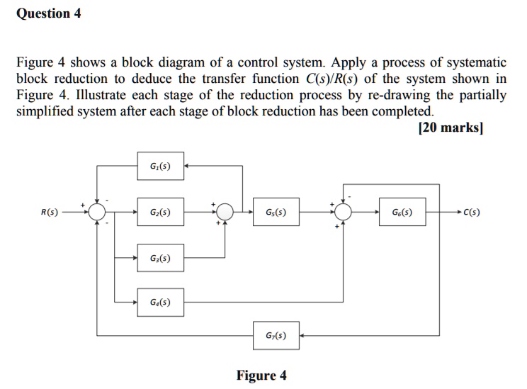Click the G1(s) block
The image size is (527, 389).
pos(160,167)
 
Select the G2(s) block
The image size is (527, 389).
pos(160,212)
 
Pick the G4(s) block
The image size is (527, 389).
pos(160,303)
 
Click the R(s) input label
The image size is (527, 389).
pos(49,212)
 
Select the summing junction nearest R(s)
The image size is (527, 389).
pos(97,212)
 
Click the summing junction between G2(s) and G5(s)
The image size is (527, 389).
pos(225,212)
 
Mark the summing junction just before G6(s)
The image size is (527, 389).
pos(344,212)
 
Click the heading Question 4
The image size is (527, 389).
pos(48,13)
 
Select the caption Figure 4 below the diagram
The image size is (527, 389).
pos(262,376)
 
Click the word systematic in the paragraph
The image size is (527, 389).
pos(473,62)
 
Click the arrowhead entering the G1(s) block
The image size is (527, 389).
pos(187,167)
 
